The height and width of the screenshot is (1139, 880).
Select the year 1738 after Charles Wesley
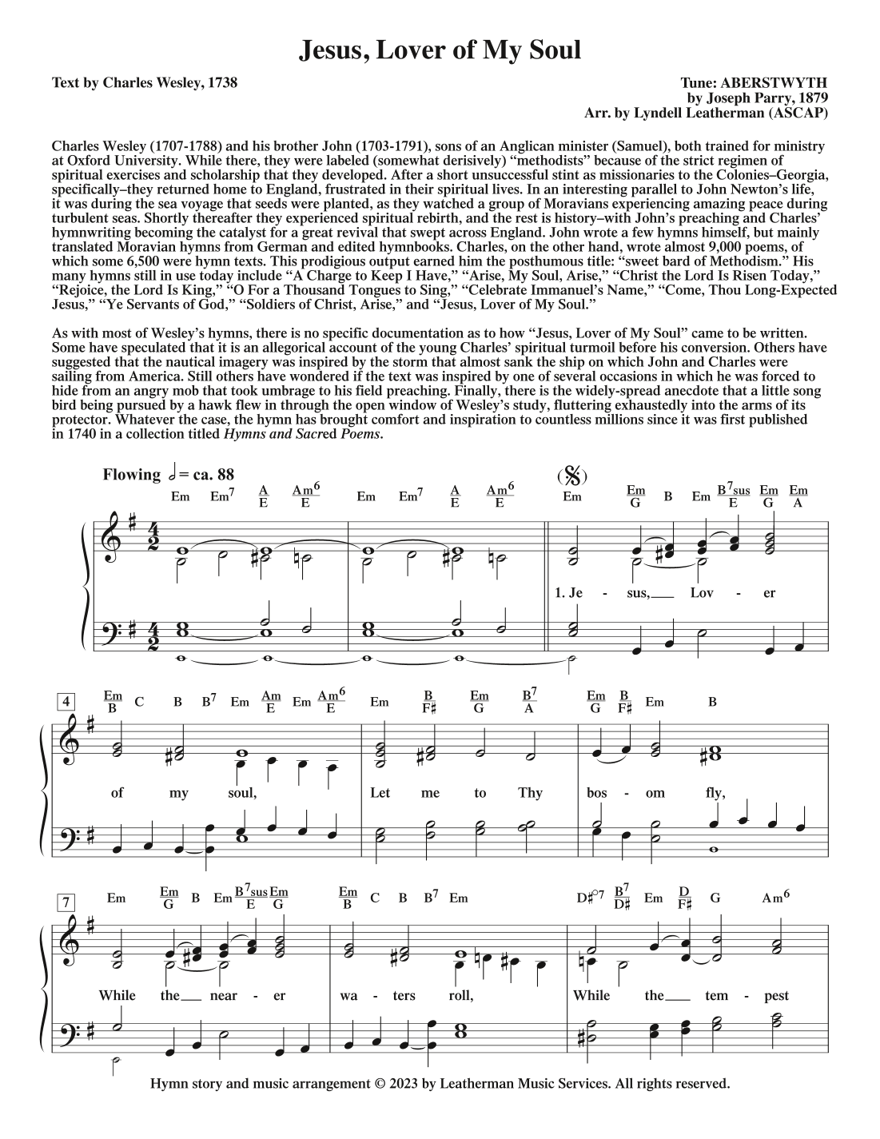pyautogui.click(x=221, y=82)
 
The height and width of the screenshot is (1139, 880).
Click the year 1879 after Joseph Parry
pyautogui.click(x=810, y=98)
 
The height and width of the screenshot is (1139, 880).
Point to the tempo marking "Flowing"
pyautogui.click(x=132, y=475)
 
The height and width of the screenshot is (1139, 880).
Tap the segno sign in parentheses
pyautogui.click(x=572, y=476)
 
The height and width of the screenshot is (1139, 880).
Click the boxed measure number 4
pyautogui.click(x=68, y=702)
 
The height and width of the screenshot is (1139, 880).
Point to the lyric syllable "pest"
pyautogui.click(x=775, y=996)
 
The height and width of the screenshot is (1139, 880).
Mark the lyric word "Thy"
pyautogui.click(x=530, y=794)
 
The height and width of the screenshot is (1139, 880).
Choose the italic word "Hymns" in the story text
pyautogui.click(x=248, y=435)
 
